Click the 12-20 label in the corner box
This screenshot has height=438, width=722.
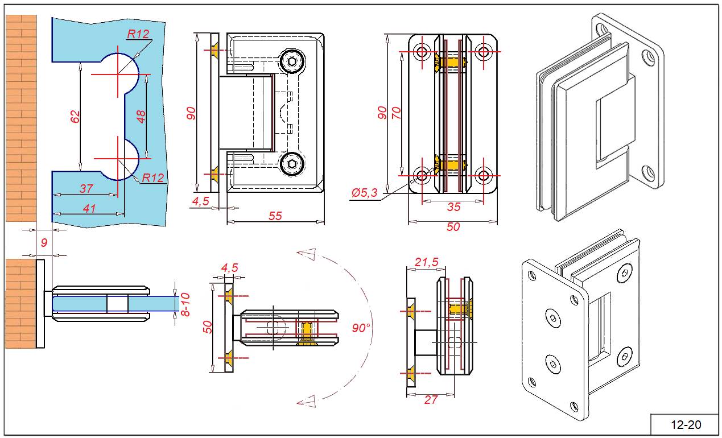pos(686,424)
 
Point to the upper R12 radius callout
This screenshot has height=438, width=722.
pos(138,34)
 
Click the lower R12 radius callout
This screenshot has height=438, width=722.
pos(153,178)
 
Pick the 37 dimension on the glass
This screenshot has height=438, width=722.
pos(86,189)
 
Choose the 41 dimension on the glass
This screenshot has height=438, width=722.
pos(89,208)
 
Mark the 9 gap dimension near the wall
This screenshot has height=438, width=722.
pos(44,243)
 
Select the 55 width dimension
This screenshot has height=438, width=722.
pos(275,216)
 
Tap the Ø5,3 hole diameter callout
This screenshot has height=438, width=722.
pos(365,193)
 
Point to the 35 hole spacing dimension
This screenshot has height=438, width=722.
pos(453,207)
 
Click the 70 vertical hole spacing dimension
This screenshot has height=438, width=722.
pos(397,113)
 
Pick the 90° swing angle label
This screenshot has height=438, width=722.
pos(361,328)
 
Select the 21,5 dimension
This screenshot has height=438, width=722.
pos(427,262)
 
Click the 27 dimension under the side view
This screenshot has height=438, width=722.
pos(431,400)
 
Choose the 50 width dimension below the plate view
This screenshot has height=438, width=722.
pos(453,227)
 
